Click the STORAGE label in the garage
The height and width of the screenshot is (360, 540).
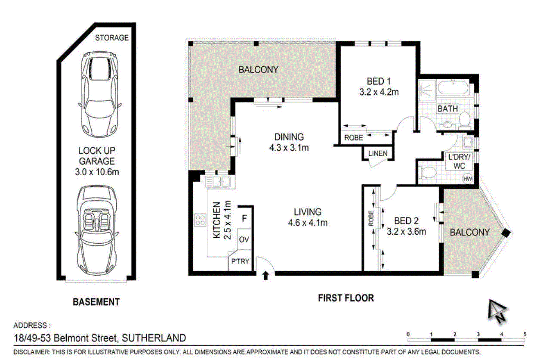pos(112,37)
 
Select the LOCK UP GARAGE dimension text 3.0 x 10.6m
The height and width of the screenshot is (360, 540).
pos(97,172)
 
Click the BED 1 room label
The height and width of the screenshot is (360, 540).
pos(379,81)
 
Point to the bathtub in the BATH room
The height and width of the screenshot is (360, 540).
pos(453,88)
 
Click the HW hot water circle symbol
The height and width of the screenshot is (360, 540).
pos(467,179)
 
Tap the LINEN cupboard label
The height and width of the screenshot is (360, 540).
pos(378,153)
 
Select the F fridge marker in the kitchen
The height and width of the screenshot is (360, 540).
pos(244,218)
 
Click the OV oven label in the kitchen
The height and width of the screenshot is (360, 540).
pos(244,239)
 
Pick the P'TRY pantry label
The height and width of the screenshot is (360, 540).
pos(240,261)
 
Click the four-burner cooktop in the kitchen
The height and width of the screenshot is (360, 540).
pos(201,220)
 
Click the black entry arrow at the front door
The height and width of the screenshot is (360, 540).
pos(265,275)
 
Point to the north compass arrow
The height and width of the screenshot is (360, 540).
pos(497,311)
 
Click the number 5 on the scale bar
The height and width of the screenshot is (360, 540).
pos(525,335)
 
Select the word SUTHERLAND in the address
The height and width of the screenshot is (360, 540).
pos(154,338)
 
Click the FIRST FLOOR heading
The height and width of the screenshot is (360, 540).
pos(346,298)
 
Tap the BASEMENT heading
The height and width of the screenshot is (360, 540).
pos(96,302)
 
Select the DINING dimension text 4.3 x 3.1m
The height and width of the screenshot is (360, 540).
pos(289,148)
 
